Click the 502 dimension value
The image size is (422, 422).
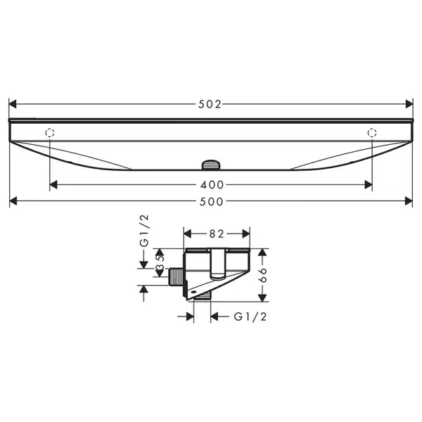tap(210, 104)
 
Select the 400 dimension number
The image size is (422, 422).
tap(212, 185)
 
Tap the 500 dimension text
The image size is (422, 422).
tap(211, 202)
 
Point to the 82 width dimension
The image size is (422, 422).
tap(217, 234)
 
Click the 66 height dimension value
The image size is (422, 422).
tap(262, 275)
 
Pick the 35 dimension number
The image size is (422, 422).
tap(160, 262)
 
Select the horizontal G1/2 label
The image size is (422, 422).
tap(250, 316)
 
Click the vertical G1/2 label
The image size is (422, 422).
tap(144, 231)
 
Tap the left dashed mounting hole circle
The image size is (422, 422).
tap(50, 133)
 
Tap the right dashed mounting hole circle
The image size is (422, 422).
tap(372, 133)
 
